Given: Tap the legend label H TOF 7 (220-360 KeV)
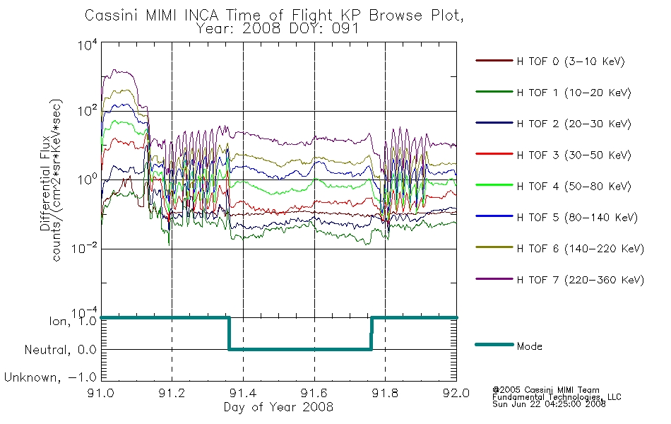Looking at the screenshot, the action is (x=581, y=280).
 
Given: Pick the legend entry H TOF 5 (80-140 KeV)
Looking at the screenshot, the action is (x=577, y=218).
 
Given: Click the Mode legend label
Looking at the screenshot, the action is (x=529, y=346).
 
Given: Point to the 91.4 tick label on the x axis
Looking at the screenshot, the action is (x=244, y=393).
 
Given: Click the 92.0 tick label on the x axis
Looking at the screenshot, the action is (x=456, y=393).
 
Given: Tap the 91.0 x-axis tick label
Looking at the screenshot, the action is (x=101, y=393).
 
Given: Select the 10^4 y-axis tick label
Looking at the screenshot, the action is (x=88, y=45).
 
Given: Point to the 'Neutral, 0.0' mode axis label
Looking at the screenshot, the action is (x=60, y=350).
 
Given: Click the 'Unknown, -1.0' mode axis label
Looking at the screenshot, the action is (x=50, y=377).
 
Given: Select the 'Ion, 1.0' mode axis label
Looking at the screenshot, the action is (x=73, y=321).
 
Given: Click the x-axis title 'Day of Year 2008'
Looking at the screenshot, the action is (x=278, y=407).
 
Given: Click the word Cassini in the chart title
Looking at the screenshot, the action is (x=112, y=16).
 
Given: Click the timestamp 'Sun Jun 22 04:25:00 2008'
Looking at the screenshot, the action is (x=549, y=404).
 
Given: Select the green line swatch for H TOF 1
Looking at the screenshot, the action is (x=494, y=92).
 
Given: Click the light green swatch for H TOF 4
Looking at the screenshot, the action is (x=494, y=185).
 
